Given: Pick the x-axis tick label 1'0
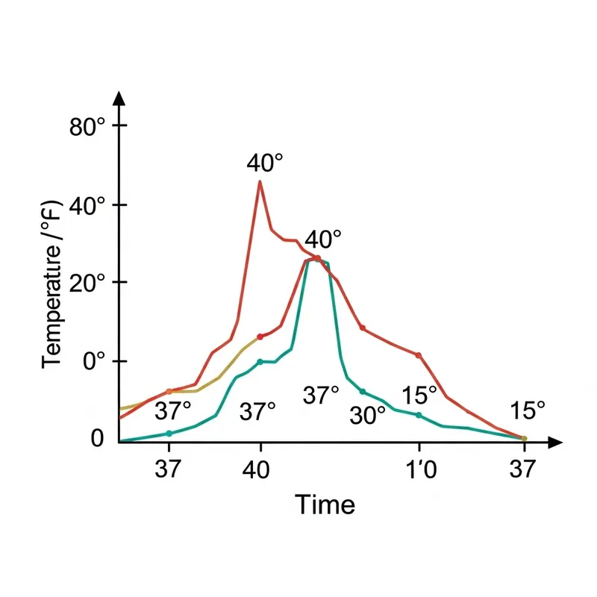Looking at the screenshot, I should click(419, 469).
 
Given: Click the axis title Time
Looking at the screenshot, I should click(325, 505).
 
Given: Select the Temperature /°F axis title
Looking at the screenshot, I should click(52, 284).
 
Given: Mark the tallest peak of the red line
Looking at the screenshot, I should click(260, 181).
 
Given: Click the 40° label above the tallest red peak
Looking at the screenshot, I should click(265, 163).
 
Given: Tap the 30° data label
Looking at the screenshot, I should click(367, 416).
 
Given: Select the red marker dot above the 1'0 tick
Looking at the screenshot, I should click(419, 355).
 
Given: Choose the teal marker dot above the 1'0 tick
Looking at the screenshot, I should click(419, 415).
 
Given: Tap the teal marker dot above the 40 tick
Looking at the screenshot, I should click(260, 362).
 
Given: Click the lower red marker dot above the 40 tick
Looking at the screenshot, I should click(260, 337).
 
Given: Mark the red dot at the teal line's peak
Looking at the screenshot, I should click(317, 258).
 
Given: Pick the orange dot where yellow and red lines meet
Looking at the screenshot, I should click(169, 391).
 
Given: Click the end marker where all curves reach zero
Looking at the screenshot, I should click(524, 439).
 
